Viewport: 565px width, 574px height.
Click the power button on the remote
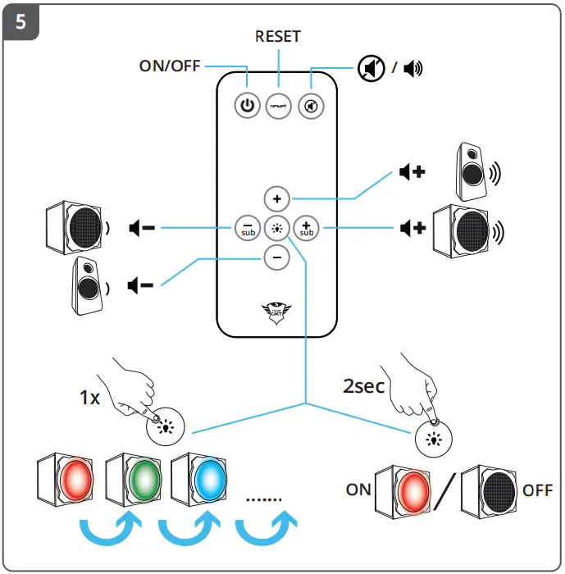click(x=247, y=106)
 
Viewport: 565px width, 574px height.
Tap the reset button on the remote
click(x=278, y=106)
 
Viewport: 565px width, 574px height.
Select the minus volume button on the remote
click(x=276, y=257)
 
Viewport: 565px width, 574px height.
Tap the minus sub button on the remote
click(x=247, y=227)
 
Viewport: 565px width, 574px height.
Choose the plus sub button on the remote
click(x=306, y=227)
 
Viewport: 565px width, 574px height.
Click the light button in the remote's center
click(x=276, y=228)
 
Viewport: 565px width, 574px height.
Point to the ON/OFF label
click(x=170, y=66)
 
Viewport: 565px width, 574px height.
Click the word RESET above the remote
click(x=278, y=36)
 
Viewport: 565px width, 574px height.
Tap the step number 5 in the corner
click(x=21, y=22)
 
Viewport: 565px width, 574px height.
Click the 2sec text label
click(x=363, y=385)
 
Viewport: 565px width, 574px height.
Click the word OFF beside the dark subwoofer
click(x=537, y=490)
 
